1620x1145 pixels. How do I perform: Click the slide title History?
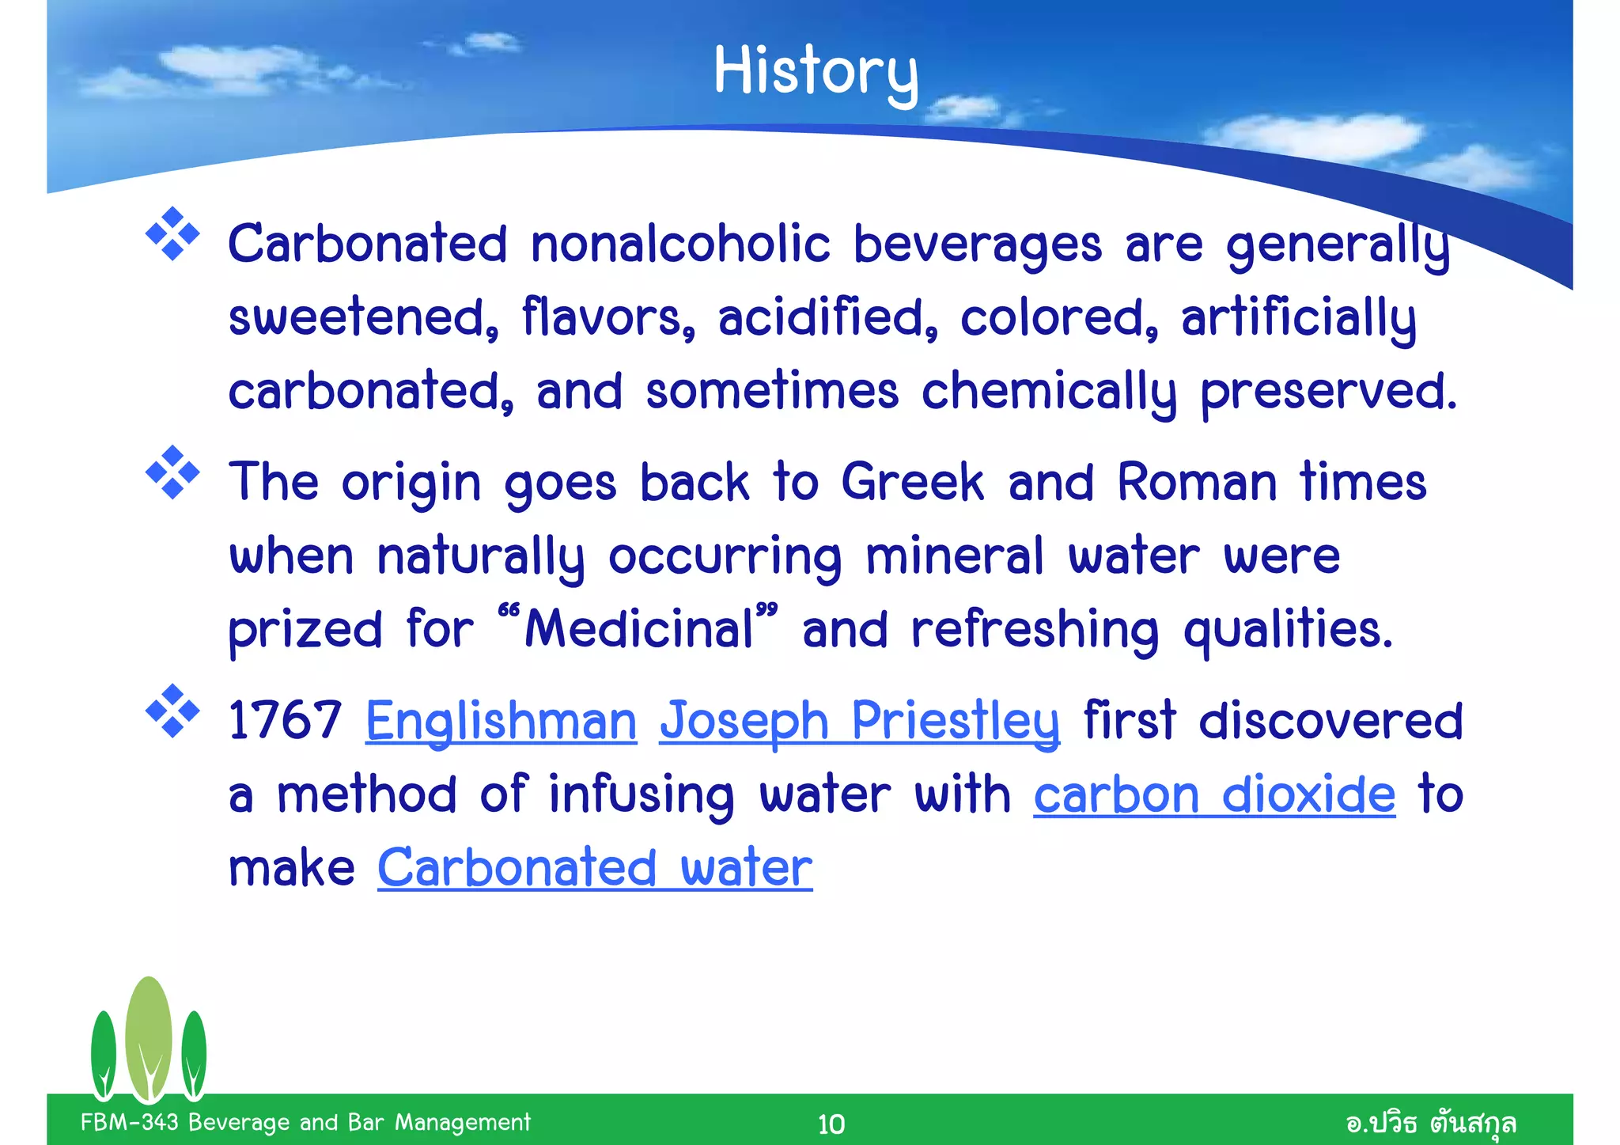pos(816,71)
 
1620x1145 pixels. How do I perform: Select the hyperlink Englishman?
pos(501,721)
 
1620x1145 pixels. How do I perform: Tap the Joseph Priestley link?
pos(859,721)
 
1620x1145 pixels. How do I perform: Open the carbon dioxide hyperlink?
pos(1214,794)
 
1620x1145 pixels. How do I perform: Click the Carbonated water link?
pos(595,868)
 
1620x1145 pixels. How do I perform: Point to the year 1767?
pos(285,721)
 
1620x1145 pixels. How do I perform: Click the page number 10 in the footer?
pos(831,1124)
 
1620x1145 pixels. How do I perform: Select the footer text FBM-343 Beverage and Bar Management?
pos(305,1122)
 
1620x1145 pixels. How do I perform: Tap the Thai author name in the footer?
pos(1430,1123)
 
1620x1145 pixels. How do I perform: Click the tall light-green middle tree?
pos(148,1037)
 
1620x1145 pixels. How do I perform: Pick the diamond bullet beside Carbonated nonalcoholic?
pos(172,234)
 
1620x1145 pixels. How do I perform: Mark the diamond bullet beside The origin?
pos(172,473)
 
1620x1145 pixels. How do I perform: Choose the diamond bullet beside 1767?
pos(172,711)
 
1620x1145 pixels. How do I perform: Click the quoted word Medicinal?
pos(638,629)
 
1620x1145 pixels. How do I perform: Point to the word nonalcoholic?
pos(680,244)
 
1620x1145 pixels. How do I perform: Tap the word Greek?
pos(912,482)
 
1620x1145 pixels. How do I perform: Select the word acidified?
pos(827,317)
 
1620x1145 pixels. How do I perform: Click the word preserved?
pos(1328,392)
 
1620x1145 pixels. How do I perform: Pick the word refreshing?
pos(1035,631)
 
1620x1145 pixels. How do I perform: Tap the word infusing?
pos(642,794)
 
